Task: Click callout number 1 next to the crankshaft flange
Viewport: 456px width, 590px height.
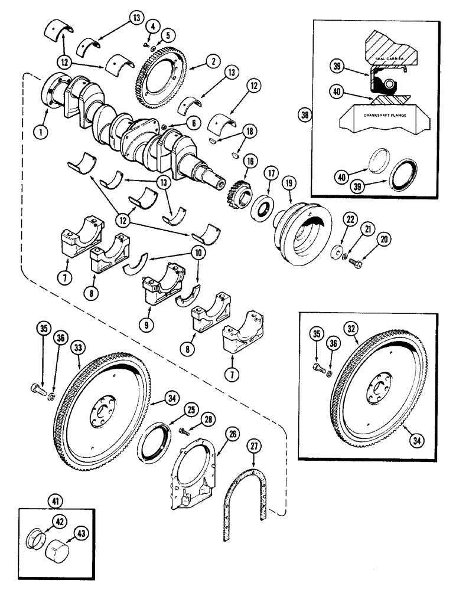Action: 41,132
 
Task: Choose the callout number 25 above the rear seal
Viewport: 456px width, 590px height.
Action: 190,408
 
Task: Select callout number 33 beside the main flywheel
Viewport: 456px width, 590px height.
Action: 78,348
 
